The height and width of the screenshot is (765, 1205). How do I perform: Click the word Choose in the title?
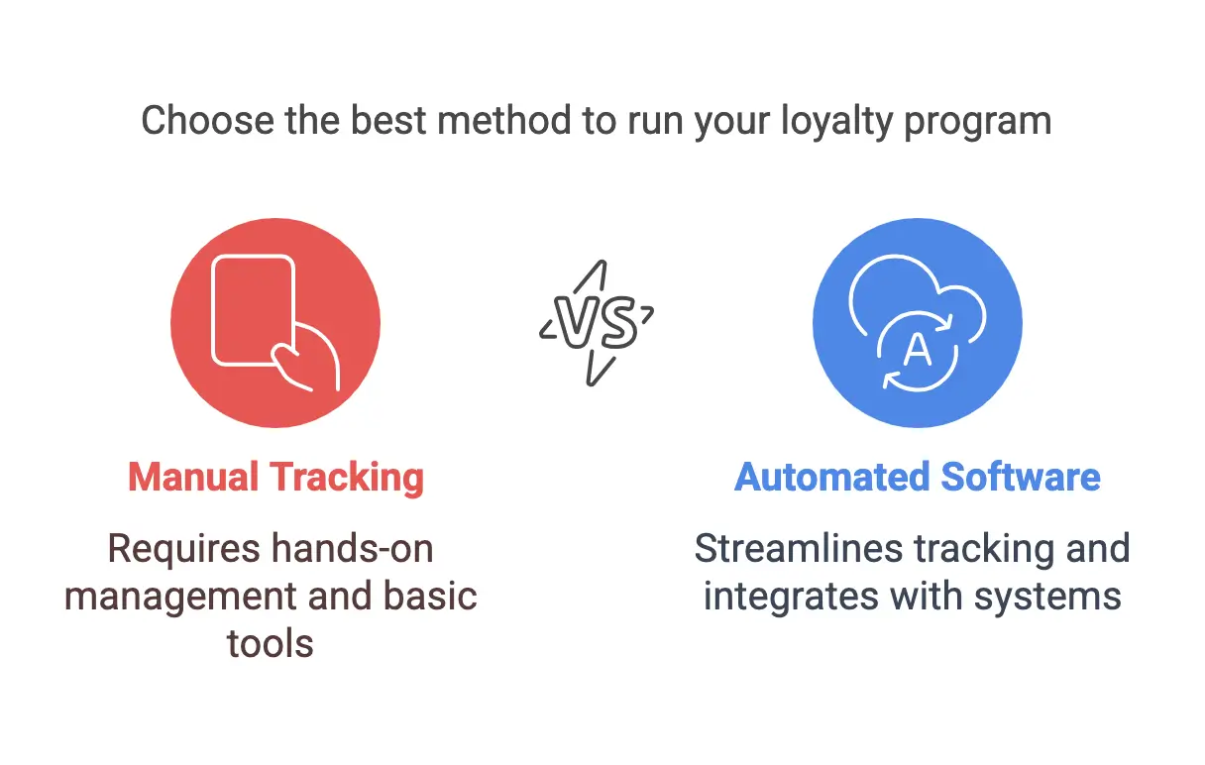click(x=208, y=120)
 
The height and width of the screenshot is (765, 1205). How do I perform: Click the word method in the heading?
click(x=504, y=120)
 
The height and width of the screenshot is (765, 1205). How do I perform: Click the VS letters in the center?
click(x=596, y=322)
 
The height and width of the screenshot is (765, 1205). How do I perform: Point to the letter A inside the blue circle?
click(x=918, y=350)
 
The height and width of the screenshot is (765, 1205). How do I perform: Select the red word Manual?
click(x=193, y=477)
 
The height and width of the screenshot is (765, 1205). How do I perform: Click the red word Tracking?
click(x=347, y=478)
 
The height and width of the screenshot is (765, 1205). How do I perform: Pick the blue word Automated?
click(x=832, y=477)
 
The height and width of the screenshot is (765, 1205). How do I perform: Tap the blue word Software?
click(x=1021, y=477)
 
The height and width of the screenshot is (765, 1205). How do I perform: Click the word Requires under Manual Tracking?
click(x=184, y=550)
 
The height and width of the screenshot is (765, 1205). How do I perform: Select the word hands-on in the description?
click(x=353, y=549)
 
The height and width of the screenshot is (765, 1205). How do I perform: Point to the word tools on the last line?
click(x=271, y=643)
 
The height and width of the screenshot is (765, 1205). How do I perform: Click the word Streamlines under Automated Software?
click(x=799, y=549)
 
